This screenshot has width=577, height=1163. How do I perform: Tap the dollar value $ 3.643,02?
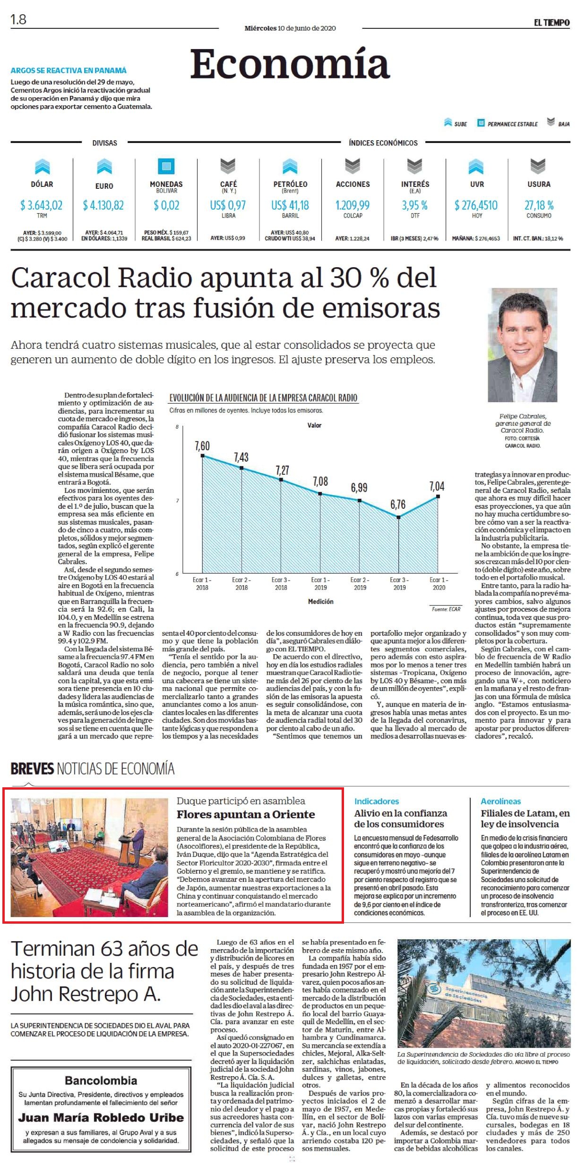(41, 205)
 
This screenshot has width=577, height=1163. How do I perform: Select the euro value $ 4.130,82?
(103, 205)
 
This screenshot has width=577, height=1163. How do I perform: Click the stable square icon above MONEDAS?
(166, 166)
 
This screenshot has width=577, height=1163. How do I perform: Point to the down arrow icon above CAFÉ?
(228, 166)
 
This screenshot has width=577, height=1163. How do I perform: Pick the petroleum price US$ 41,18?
(290, 205)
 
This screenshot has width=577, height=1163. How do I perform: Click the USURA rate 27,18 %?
(539, 205)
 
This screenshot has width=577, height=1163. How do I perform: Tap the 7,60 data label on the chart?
(202, 446)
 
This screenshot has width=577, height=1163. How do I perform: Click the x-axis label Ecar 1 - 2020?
(439, 584)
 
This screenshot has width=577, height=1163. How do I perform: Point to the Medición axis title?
(320, 601)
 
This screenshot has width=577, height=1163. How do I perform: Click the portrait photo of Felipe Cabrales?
(523, 345)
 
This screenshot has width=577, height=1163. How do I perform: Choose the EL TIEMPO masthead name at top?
(551, 23)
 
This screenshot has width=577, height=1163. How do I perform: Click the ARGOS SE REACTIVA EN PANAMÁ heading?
(69, 70)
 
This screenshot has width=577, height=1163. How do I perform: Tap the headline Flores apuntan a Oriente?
(246, 814)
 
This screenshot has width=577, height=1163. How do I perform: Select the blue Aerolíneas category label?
(501, 801)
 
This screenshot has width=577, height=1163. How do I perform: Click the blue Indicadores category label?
(377, 801)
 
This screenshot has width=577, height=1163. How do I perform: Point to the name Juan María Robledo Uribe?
(101, 1118)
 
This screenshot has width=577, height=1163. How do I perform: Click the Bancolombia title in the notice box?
(101, 1080)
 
